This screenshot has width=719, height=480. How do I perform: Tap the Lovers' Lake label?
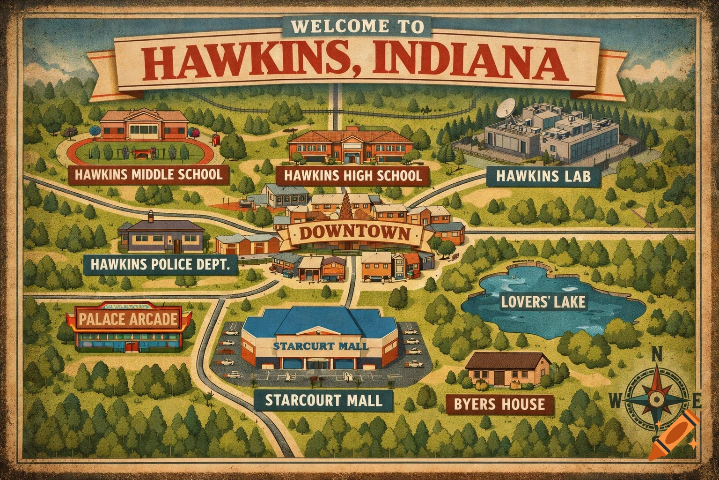(x=543, y=301)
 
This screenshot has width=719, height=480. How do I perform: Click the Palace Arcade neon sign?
(x=129, y=320)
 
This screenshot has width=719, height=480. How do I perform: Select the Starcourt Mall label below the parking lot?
(x=323, y=400)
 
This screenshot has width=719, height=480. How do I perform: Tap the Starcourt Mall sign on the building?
(x=320, y=346)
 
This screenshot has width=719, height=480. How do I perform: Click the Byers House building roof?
(x=508, y=360)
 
